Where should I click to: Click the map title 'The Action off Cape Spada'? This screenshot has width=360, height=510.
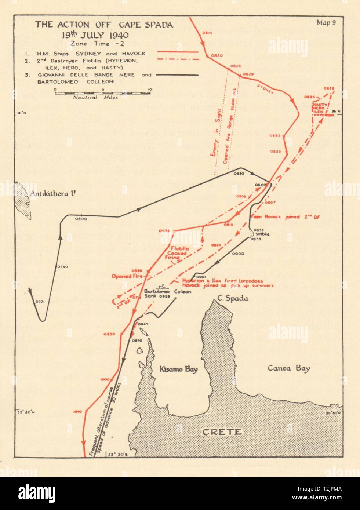click(x=104, y=25)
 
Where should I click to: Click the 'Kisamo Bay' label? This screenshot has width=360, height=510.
click(x=179, y=369)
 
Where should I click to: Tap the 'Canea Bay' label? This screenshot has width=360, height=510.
click(x=288, y=368)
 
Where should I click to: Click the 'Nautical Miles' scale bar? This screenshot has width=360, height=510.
click(x=102, y=93)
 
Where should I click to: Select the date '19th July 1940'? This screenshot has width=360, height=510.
click(x=95, y=35)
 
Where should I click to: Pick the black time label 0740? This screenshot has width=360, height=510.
click(x=63, y=267)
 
